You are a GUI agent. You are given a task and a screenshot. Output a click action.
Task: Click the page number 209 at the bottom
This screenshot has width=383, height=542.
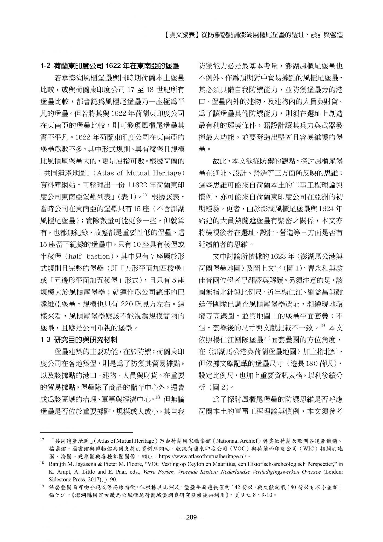coord(191,517)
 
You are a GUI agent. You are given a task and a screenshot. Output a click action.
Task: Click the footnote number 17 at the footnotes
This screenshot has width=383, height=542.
coord(42,441)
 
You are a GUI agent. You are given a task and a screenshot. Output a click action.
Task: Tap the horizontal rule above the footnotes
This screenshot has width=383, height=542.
coord(86,433)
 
